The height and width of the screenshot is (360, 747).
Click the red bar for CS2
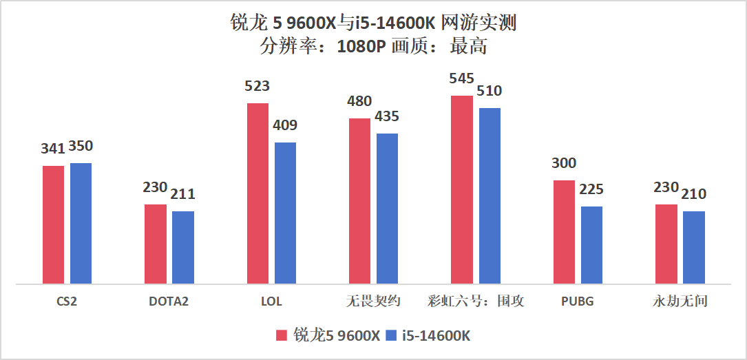53,224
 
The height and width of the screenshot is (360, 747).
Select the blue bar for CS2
81,223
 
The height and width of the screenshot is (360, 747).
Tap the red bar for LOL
257,193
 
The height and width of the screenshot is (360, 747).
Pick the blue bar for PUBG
591,245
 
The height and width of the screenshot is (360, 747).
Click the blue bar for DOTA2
183,247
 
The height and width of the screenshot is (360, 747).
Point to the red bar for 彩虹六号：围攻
462,189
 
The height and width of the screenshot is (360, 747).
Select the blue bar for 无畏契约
387,208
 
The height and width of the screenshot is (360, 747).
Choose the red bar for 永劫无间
666,244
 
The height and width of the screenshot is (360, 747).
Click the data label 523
257,87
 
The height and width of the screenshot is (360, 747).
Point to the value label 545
461,78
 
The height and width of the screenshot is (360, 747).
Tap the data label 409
285,125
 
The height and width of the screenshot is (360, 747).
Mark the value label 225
591,189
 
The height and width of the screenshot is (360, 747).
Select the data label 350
81,147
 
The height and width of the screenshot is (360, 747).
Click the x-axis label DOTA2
169,301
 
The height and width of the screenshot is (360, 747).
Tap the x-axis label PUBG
577,301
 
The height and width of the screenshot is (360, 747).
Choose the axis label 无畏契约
373,301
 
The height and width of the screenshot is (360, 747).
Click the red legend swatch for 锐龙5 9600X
281,336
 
